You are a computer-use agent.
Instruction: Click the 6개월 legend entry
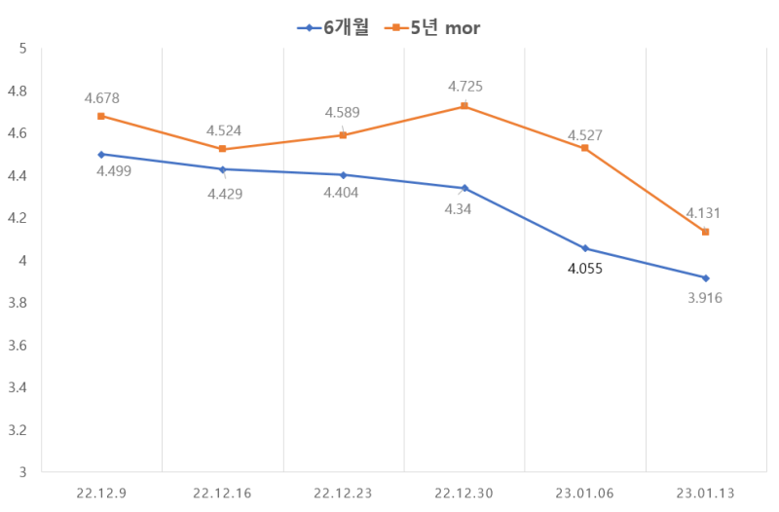pos(333,28)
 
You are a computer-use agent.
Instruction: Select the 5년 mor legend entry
pos(432,28)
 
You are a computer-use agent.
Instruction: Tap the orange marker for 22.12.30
pos(464,106)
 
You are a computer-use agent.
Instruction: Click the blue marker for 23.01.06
pos(585,248)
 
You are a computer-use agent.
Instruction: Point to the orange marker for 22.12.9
pos(101,116)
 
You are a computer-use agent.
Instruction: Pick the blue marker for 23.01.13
pos(705,278)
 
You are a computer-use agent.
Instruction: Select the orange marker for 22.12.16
pos(223,149)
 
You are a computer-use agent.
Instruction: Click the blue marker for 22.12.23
pos(344,175)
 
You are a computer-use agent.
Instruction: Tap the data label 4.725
pos(465,87)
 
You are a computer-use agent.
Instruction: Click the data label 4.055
pos(585,269)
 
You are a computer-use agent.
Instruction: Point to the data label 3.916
pos(705,298)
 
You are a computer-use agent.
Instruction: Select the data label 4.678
pos(102,98)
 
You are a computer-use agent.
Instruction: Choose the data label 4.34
pos(458,209)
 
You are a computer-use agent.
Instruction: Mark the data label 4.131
pos(703,213)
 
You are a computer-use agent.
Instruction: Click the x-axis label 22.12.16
pos(222,494)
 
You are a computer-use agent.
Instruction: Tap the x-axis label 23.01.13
pos(705,494)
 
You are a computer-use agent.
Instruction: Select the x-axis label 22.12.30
pos(464,494)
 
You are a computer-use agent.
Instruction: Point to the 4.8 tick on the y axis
pos(18,91)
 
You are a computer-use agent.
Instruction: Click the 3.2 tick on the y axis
pos(18,430)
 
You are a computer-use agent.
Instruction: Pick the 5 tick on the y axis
pos(22,49)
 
